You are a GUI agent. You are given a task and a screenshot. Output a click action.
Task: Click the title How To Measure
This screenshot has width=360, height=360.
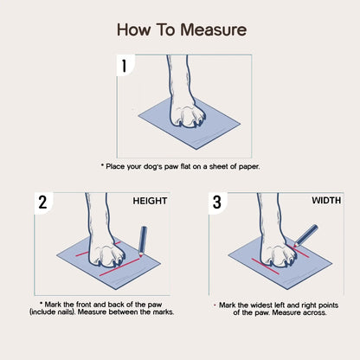pyautogui.click(x=181, y=30)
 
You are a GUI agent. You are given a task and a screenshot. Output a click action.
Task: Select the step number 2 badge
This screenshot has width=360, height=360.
pyautogui.click(x=42, y=203)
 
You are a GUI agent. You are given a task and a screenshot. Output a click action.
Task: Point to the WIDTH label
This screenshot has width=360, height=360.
pyautogui.click(x=326, y=200)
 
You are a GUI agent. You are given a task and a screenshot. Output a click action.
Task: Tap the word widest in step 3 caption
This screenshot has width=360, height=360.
pyautogui.click(x=265, y=305)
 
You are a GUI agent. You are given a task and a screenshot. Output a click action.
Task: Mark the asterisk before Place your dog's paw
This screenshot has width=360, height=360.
pyautogui.click(x=102, y=164)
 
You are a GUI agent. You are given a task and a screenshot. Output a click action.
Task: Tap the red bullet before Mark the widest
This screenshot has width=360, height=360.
pyautogui.click(x=215, y=305)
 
